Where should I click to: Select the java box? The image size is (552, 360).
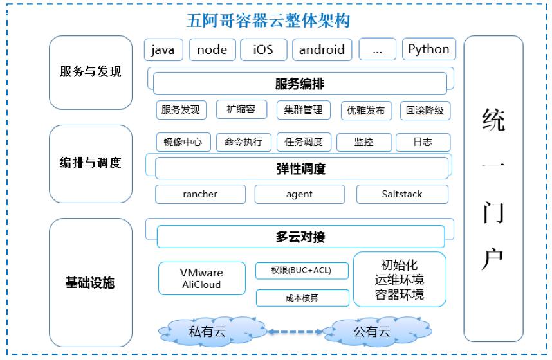(163, 50)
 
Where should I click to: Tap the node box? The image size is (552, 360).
(212, 50)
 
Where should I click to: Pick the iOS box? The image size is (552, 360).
(264, 50)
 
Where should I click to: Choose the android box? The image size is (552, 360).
(322, 50)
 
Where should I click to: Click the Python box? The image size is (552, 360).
(428, 50)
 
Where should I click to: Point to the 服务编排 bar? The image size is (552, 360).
(300, 84)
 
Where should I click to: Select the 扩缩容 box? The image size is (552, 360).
(241, 109)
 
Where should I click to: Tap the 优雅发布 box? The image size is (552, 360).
(366, 111)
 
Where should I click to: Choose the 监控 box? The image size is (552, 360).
(363, 142)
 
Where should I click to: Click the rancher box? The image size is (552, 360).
(200, 194)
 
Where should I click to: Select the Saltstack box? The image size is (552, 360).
(402, 194)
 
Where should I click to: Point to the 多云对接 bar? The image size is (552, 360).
(300, 237)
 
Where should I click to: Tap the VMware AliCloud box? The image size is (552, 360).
(201, 278)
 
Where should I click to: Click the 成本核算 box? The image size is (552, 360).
(302, 298)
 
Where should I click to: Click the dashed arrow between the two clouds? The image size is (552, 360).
(295, 332)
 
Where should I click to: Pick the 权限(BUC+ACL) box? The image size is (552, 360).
(302, 271)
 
